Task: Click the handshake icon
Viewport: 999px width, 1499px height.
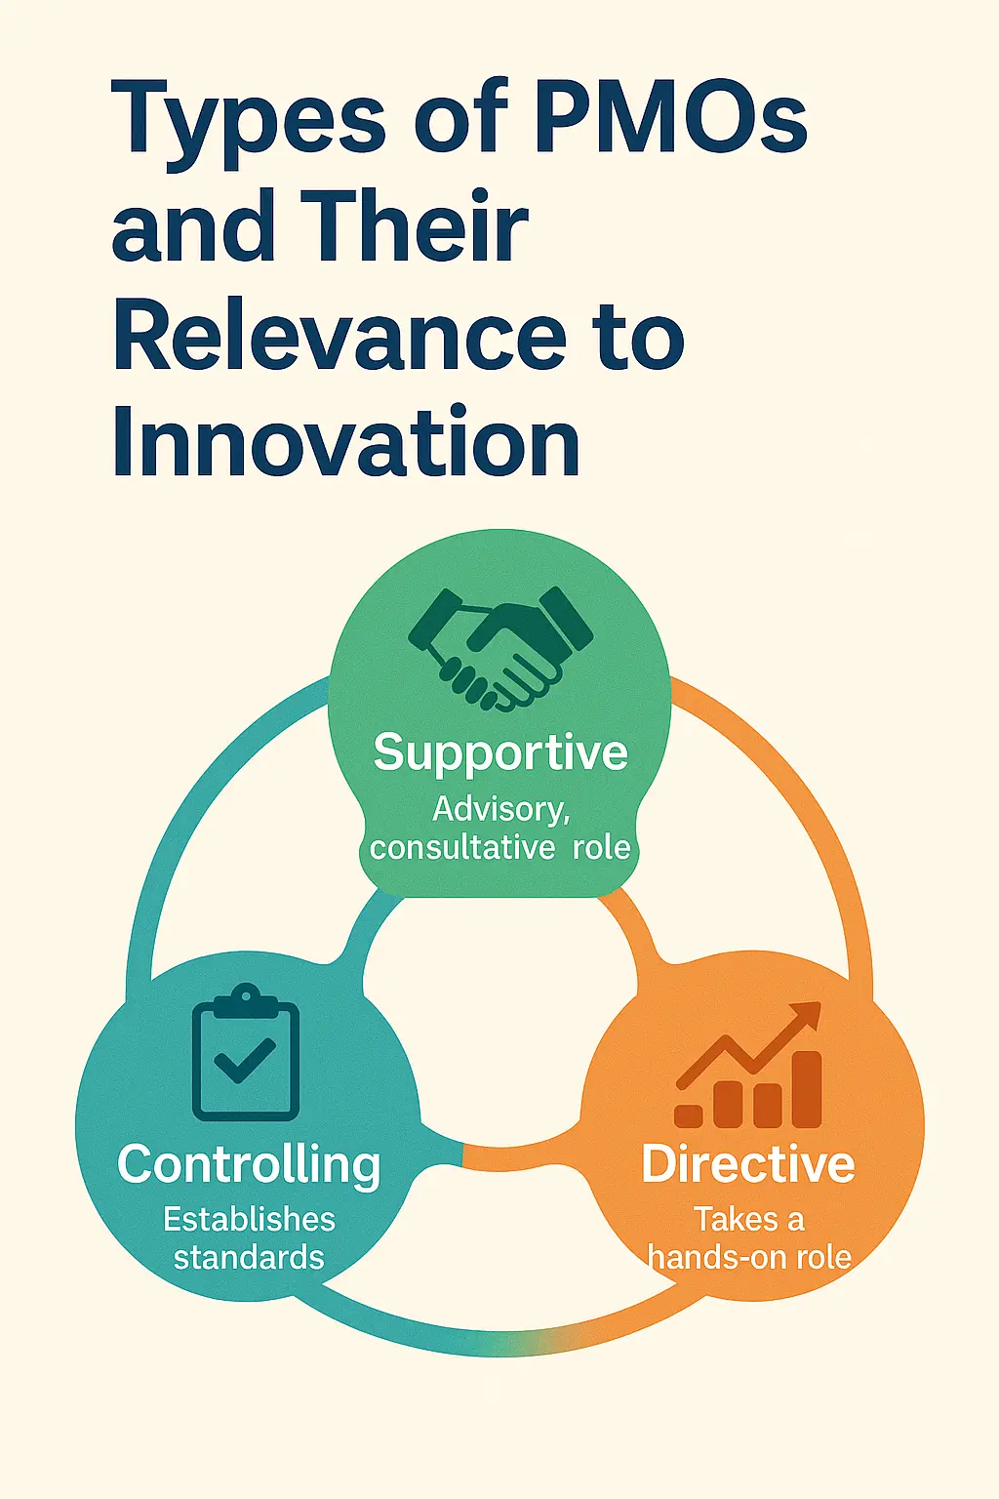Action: [499, 648]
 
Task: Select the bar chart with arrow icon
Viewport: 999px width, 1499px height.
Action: [748, 1065]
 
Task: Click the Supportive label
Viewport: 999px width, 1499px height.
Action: [500, 752]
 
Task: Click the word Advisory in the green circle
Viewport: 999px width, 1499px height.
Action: [500, 810]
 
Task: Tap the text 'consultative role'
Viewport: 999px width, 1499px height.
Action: [499, 848]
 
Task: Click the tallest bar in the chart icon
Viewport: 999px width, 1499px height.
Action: [807, 1089]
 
